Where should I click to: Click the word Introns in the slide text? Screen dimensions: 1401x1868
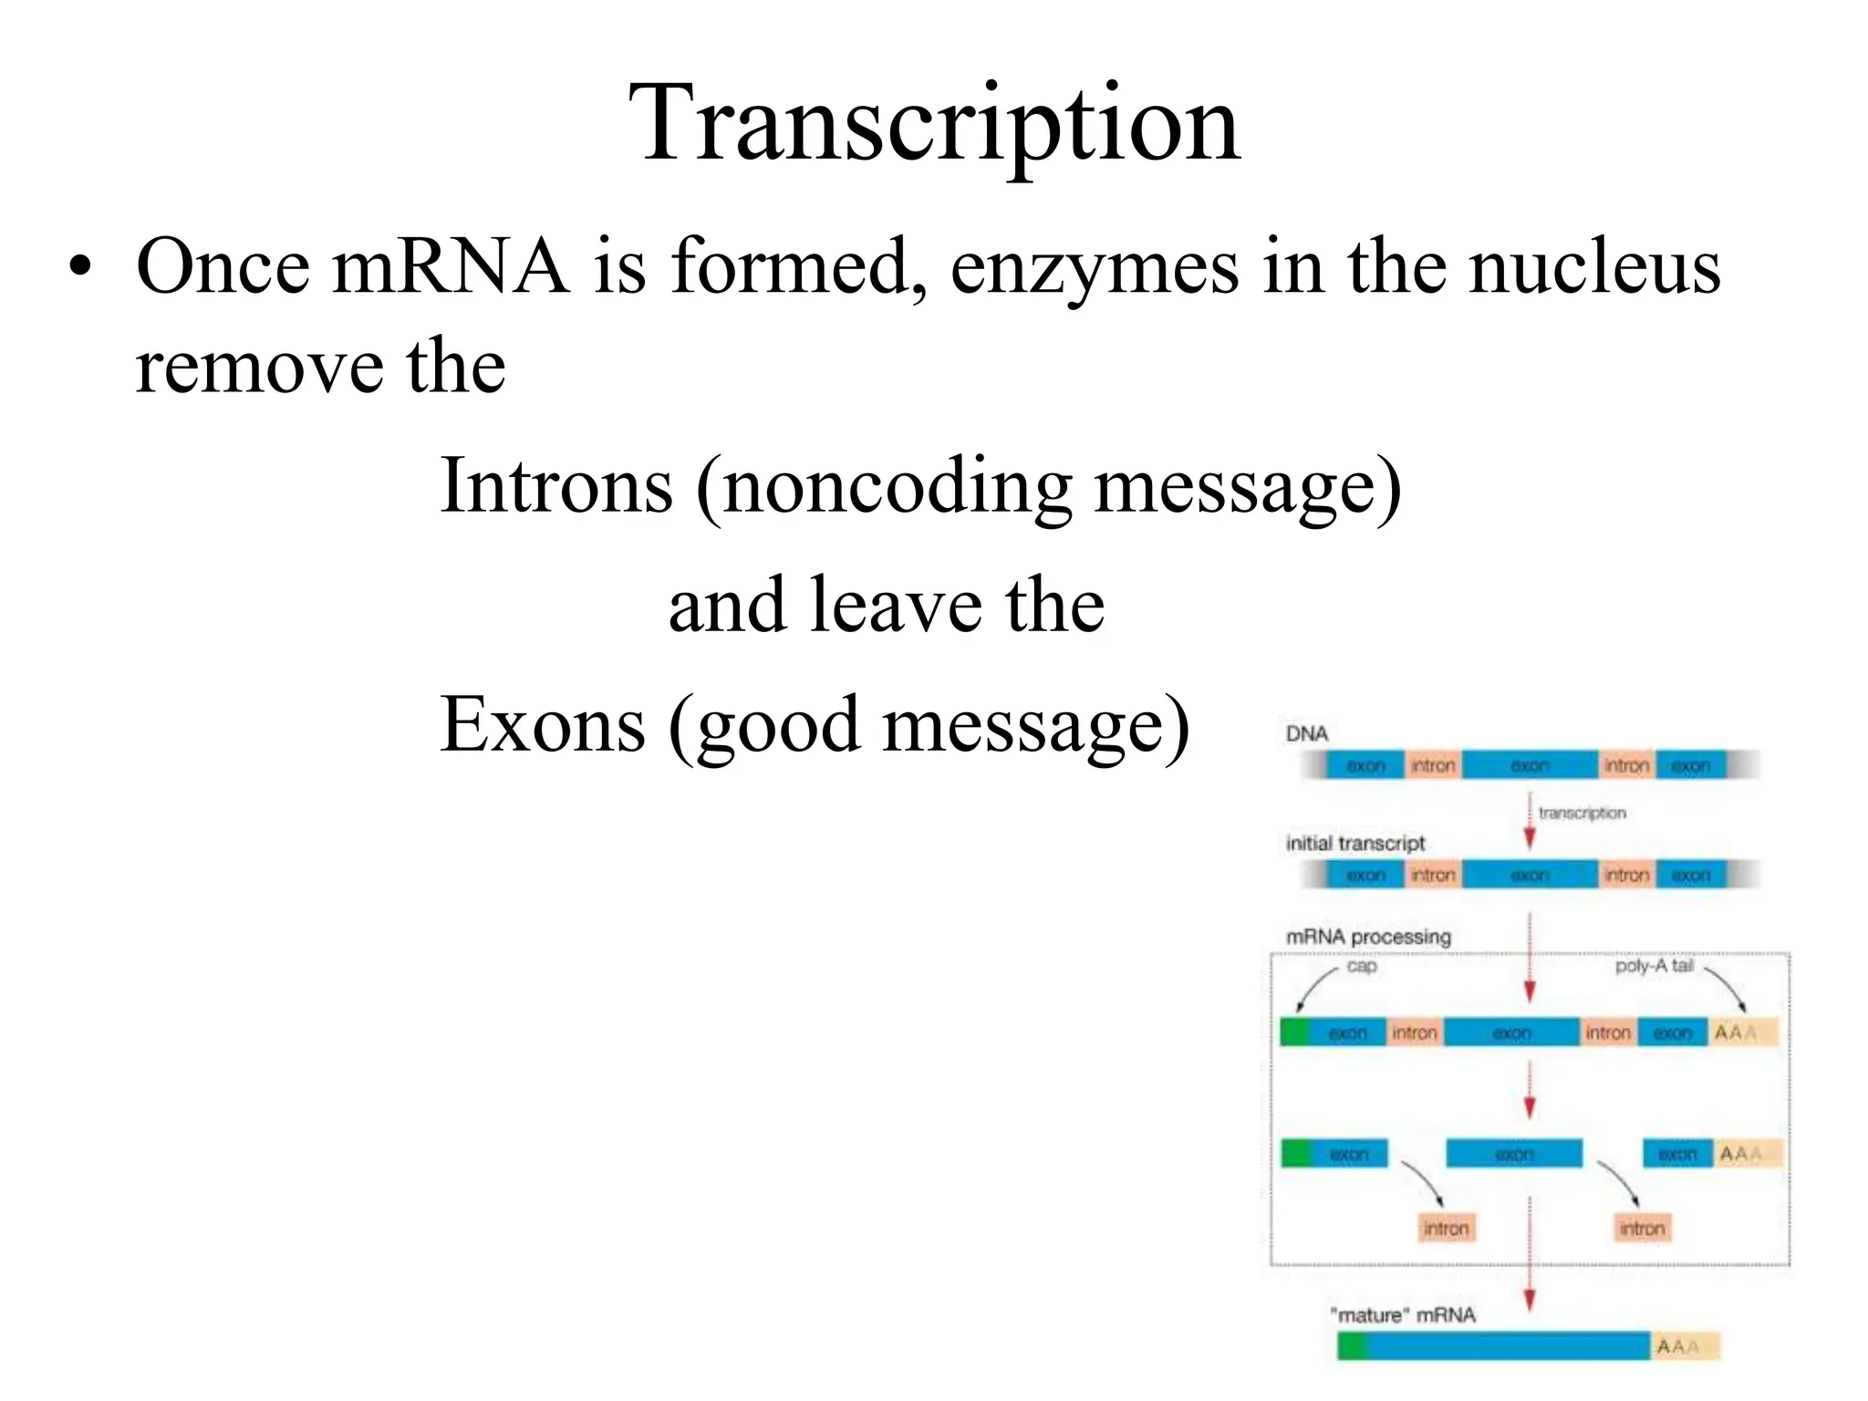coord(556,486)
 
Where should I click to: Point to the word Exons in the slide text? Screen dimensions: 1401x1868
coord(543,724)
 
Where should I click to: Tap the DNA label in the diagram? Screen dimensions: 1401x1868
coord(1306,734)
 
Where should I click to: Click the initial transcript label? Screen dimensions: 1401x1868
coord(1354,844)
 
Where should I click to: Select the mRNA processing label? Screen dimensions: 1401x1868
coord(1367,937)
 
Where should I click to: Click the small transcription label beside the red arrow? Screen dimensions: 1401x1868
coord(1582,813)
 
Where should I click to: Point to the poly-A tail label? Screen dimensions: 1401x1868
coord(1654,966)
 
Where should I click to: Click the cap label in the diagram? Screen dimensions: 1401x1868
coord(1361,966)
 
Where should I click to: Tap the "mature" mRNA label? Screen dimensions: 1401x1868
coord(1403,1315)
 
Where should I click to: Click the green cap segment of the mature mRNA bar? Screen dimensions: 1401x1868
coord(1352,1346)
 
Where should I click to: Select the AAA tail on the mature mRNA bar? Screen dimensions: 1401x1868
coord(1684,1347)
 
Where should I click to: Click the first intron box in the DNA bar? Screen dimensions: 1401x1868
coord(1433,765)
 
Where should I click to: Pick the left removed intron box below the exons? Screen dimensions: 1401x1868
coord(1446,1229)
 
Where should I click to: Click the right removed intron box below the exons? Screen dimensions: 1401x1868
coord(1642,1229)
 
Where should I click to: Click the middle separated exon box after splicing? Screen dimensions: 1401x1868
coord(1514,1154)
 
